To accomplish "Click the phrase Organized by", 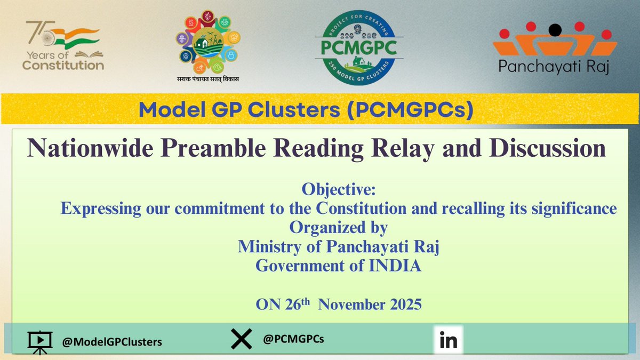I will (x=338, y=227).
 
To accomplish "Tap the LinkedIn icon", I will (x=449, y=340).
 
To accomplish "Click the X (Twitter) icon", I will (x=241, y=340).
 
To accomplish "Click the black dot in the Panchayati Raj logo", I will (x=555, y=30).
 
